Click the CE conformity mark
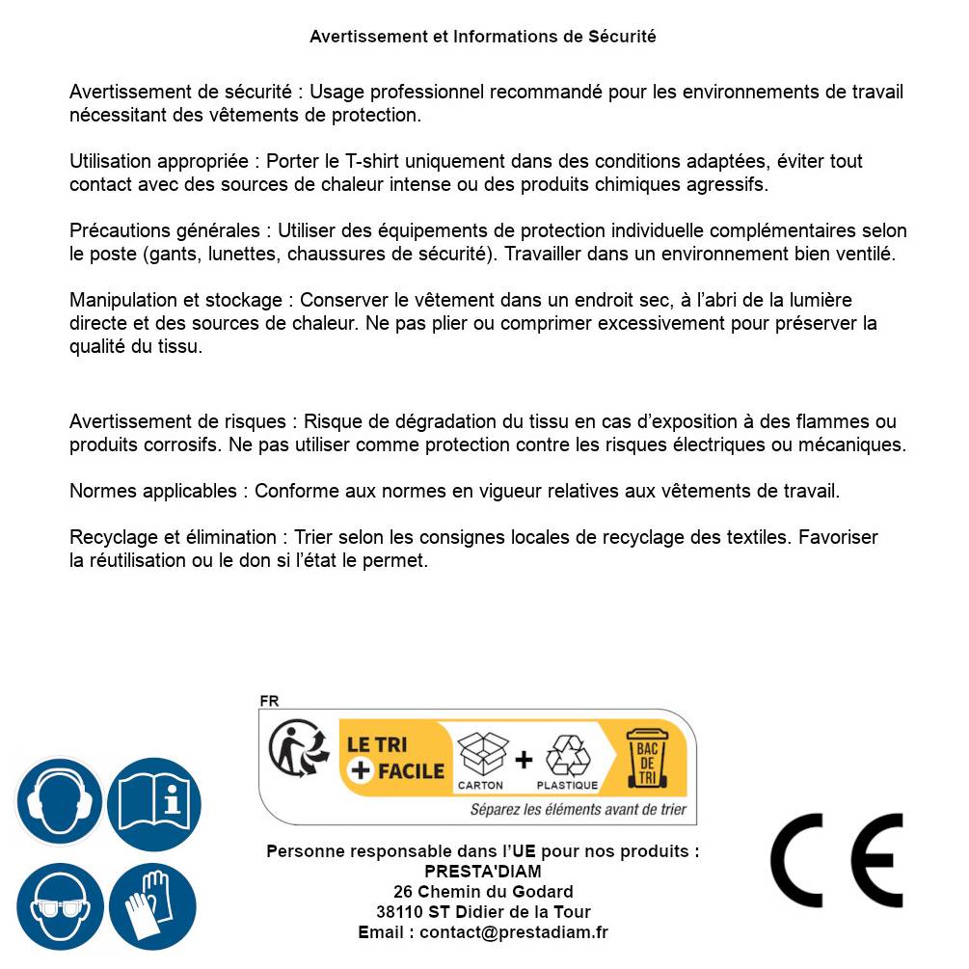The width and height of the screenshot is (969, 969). click(836, 861)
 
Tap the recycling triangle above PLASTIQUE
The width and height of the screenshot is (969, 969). click(567, 756)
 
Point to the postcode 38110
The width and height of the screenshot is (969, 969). click(397, 912)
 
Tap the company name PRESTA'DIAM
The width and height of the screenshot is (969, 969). click(483, 872)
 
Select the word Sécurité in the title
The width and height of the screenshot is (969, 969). click(622, 37)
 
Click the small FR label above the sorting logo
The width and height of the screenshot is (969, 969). click(269, 701)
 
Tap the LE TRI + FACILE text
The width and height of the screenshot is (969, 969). click(395, 758)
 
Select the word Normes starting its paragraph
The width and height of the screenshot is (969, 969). click(103, 491)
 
